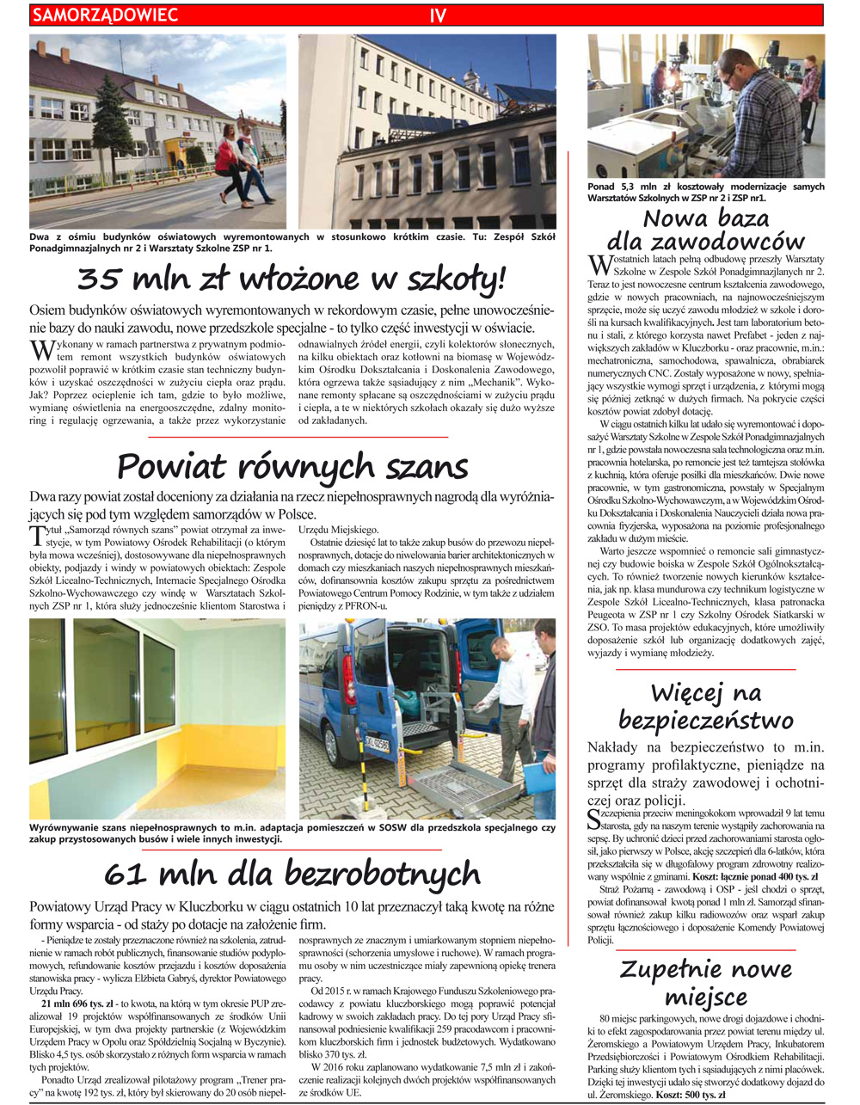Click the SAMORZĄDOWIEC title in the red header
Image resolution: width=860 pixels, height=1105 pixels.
point(105,15)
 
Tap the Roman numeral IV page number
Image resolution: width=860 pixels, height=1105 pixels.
point(438,15)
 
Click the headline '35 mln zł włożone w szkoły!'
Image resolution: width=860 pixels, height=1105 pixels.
point(292,279)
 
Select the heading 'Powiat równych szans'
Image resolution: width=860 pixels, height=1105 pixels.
point(292,467)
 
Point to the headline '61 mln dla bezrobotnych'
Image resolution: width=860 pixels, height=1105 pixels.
point(292,874)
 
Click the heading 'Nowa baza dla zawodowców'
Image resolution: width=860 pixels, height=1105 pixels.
point(705,230)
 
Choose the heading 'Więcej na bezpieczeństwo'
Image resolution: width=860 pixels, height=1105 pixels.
point(705,705)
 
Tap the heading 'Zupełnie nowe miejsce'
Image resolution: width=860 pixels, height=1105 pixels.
point(705,983)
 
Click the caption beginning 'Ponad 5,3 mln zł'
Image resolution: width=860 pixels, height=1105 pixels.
point(705,192)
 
